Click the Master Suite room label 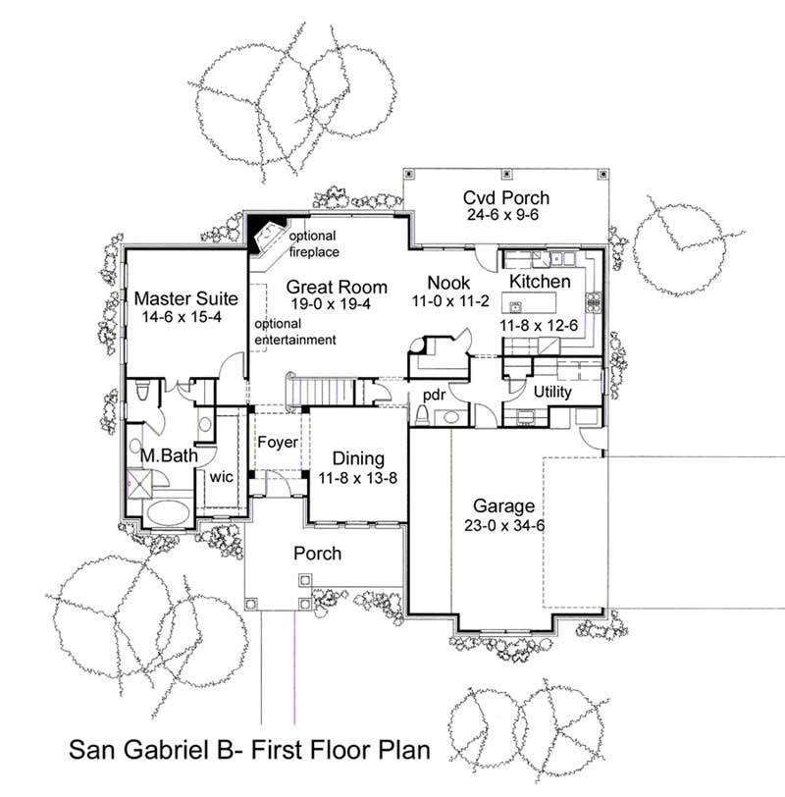[x=183, y=296]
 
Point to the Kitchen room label [x=540, y=282]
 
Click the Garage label [x=503, y=506]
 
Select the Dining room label [x=357, y=459]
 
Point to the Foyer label [x=278, y=443]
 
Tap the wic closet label [x=220, y=477]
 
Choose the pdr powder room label [x=435, y=396]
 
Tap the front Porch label [x=318, y=554]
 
